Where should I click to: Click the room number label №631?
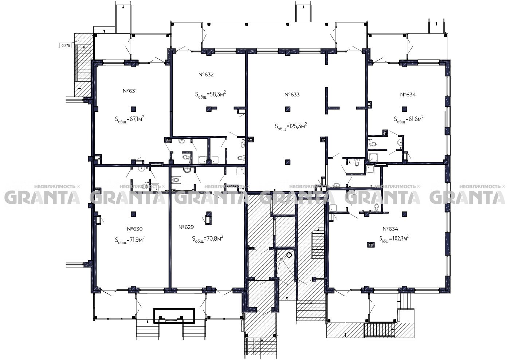(130, 91)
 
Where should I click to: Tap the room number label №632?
(206, 75)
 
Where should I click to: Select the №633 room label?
(292, 94)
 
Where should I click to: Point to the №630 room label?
(135, 229)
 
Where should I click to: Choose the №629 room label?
(186, 227)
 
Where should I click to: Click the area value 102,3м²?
(400, 238)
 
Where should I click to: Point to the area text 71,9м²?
(137, 240)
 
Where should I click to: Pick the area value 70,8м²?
(215, 238)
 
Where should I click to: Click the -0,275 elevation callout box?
(65, 46)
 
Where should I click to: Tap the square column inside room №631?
(133, 109)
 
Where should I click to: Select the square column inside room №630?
(133, 214)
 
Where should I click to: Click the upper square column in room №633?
(288, 109)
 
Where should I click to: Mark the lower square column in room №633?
(288, 162)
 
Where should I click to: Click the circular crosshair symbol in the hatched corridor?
(289, 255)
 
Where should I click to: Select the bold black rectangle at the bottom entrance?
(174, 316)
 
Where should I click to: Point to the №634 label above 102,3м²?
(391, 229)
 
